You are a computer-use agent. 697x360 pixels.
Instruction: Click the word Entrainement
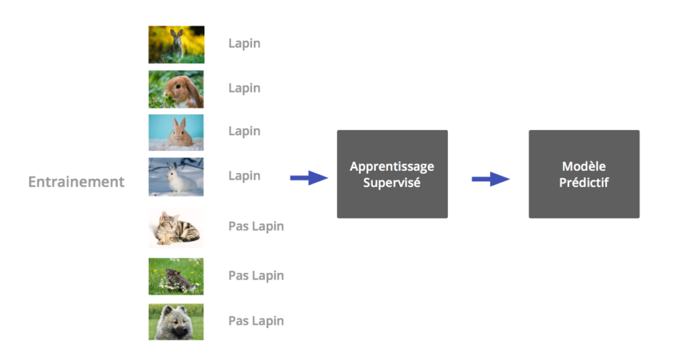click(76, 182)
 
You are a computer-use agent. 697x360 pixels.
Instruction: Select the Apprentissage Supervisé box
click(392, 174)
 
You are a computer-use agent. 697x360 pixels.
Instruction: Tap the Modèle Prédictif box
click(584, 174)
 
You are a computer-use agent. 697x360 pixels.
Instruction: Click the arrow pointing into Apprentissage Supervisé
click(309, 178)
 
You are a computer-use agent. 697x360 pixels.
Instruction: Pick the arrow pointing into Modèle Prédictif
click(491, 179)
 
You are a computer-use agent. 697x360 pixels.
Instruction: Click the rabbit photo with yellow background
click(176, 44)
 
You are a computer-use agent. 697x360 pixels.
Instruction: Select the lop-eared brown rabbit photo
click(176, 89)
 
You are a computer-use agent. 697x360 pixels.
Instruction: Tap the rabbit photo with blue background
click(176, 132)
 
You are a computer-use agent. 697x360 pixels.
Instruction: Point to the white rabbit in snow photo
click(176, 176)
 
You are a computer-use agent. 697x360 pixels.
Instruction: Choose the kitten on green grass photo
click(176, 276)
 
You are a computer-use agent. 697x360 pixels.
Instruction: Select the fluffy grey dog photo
click(176, 321)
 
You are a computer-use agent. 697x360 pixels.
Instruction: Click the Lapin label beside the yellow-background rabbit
click(244, 44)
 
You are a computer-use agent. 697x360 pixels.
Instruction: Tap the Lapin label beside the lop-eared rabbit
click(244, 88)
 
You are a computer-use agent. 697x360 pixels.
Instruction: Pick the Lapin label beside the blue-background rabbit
click(244, 131)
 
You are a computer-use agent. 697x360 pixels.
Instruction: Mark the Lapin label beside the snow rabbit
click(244, 176)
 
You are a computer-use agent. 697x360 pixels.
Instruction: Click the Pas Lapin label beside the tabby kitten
click(256, 226)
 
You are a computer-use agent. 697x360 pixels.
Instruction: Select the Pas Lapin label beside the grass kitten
click(256, 276)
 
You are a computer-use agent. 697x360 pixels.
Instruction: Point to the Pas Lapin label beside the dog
click(256, 321)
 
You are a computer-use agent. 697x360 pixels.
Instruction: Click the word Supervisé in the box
click(392, 182)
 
